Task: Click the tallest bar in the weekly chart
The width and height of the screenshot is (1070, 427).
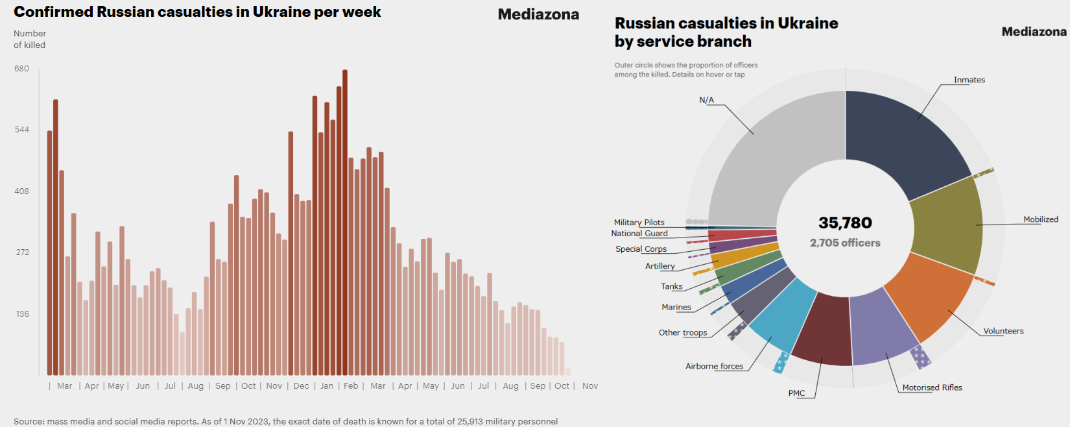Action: tap(345, 221)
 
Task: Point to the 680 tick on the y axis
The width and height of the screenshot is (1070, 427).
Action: tap(22, 69)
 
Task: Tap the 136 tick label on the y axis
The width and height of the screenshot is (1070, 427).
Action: tap(23, 314)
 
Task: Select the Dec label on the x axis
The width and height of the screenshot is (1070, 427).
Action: tap(301, 386)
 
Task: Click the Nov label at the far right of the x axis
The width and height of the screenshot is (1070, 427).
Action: tap(590, 386)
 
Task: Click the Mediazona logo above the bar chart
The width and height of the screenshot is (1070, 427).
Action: tap(538, 14)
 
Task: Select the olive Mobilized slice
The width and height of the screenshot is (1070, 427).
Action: tap(947, 224)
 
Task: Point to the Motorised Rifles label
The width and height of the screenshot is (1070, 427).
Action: tap(932, 387)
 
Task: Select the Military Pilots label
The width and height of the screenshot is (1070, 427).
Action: tap(639, 223)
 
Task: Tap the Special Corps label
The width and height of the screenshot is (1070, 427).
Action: tap(641, 249)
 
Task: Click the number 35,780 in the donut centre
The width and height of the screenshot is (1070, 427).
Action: tap(845, 223)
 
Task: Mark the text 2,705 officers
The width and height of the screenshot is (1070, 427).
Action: tap(845, 243)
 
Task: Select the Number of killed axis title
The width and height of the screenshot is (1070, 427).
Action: tap(30, 39)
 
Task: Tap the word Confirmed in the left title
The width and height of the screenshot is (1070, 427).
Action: tap(54, 12)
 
